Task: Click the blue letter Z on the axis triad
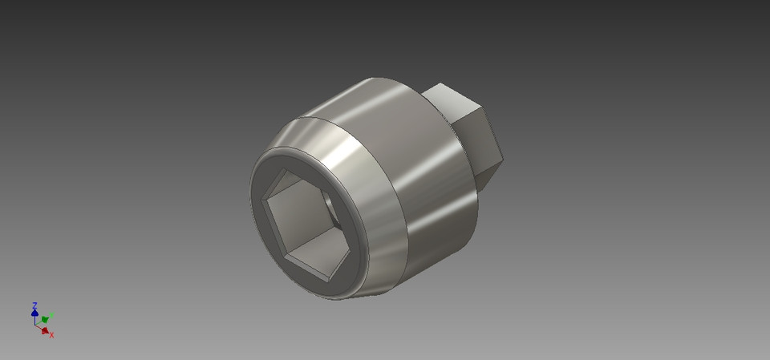[x=34, y=305]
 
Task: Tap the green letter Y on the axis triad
[x=52, y=315]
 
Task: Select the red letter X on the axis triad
[x=52, y=334]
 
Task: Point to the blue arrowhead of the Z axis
[x=34, y=313]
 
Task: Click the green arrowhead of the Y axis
[x=45, y=319]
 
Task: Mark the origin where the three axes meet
[x=36, y=325]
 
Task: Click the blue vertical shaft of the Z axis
[x=35, y=319]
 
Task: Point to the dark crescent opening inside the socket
[x=330, y=210]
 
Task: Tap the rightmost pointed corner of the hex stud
[x=503, y=156]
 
